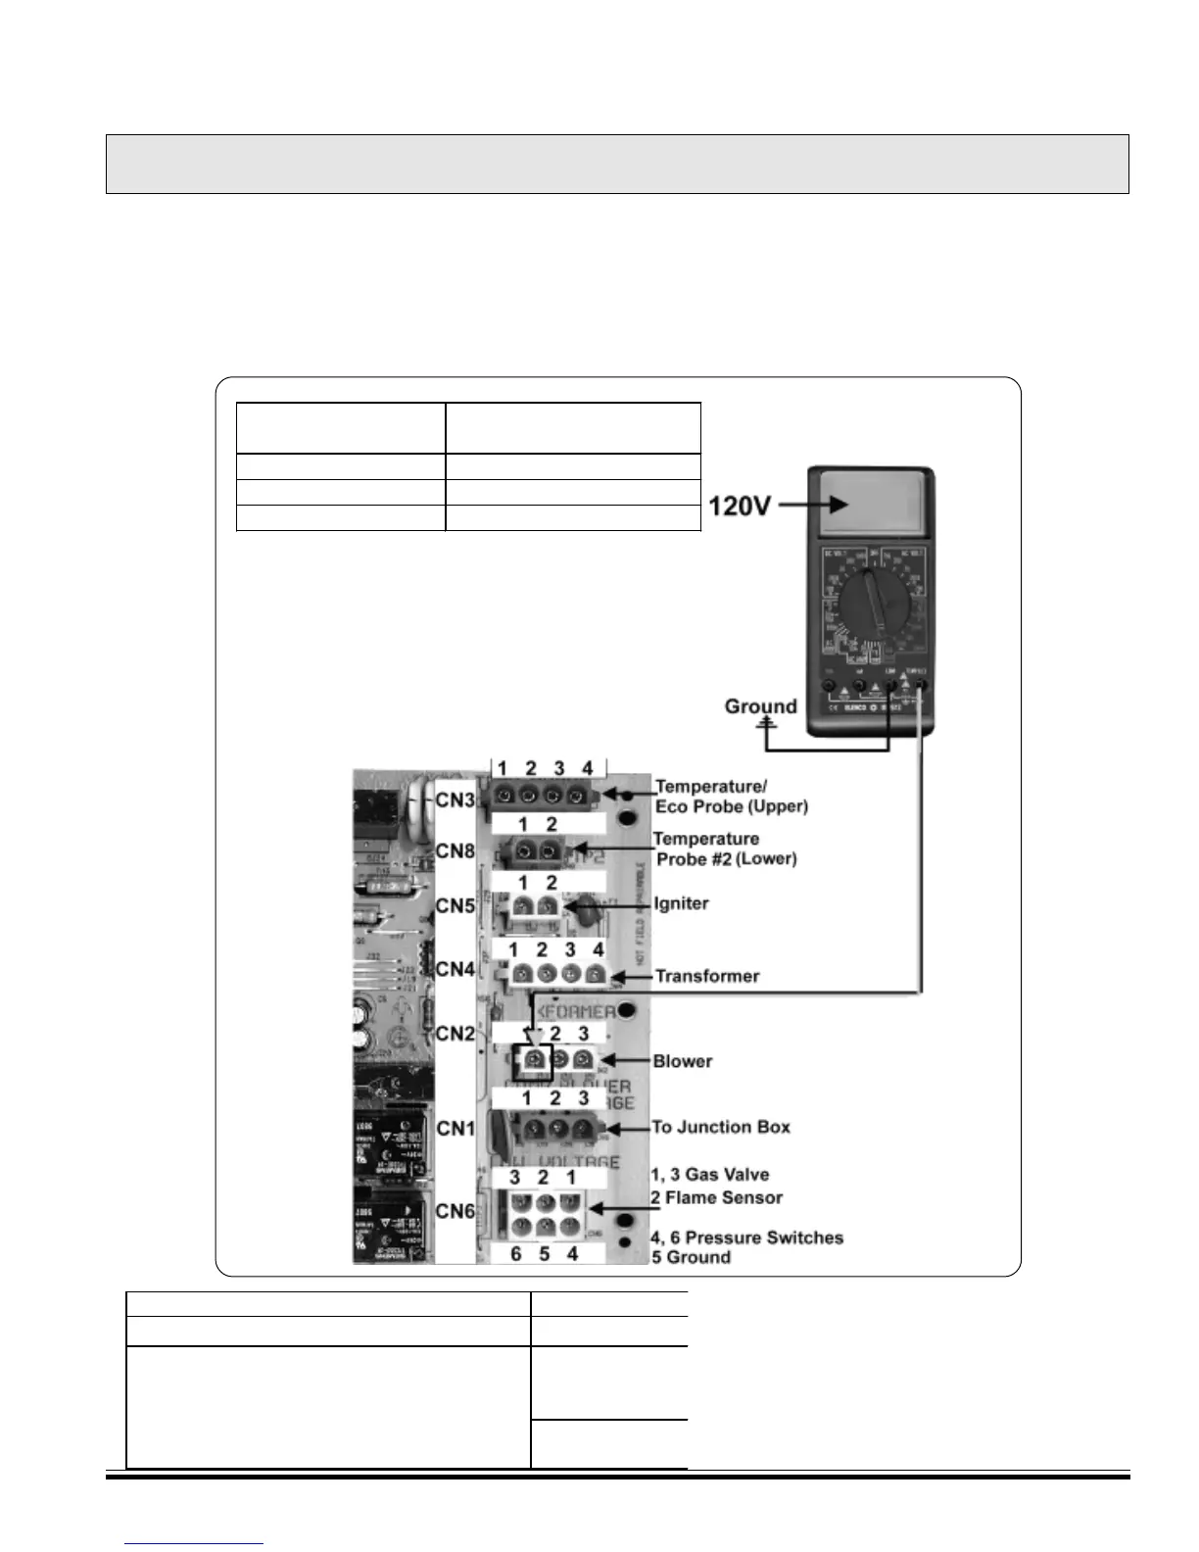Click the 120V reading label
[741, 507]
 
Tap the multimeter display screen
[868, 506]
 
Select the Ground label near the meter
[760, 706]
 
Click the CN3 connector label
[456, 800]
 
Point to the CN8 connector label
[456, 850]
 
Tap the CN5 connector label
[456, 906]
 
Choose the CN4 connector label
[456, 969]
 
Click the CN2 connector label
[456, 1034]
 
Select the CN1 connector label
[456, 1129]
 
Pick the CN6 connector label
[456, 1211]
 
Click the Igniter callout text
[681, 903]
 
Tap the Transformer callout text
[707, 976]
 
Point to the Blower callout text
[683, 1061]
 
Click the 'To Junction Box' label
[721, 1127]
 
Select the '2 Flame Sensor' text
[717, 1197]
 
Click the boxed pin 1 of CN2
[533, 1060]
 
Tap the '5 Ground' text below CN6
[692, 1257]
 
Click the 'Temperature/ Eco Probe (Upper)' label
[731, 797]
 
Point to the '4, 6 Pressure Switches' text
[747, 1237]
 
